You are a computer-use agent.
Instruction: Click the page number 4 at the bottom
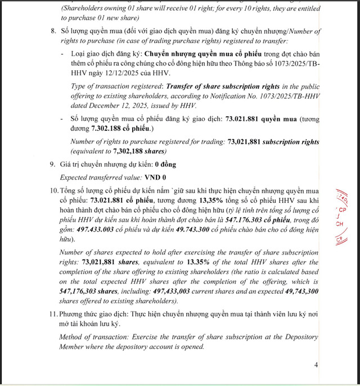pyautogui.click(x=316, y=365)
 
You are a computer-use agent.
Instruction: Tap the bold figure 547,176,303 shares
pyautogui.click(x=91, y=292)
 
